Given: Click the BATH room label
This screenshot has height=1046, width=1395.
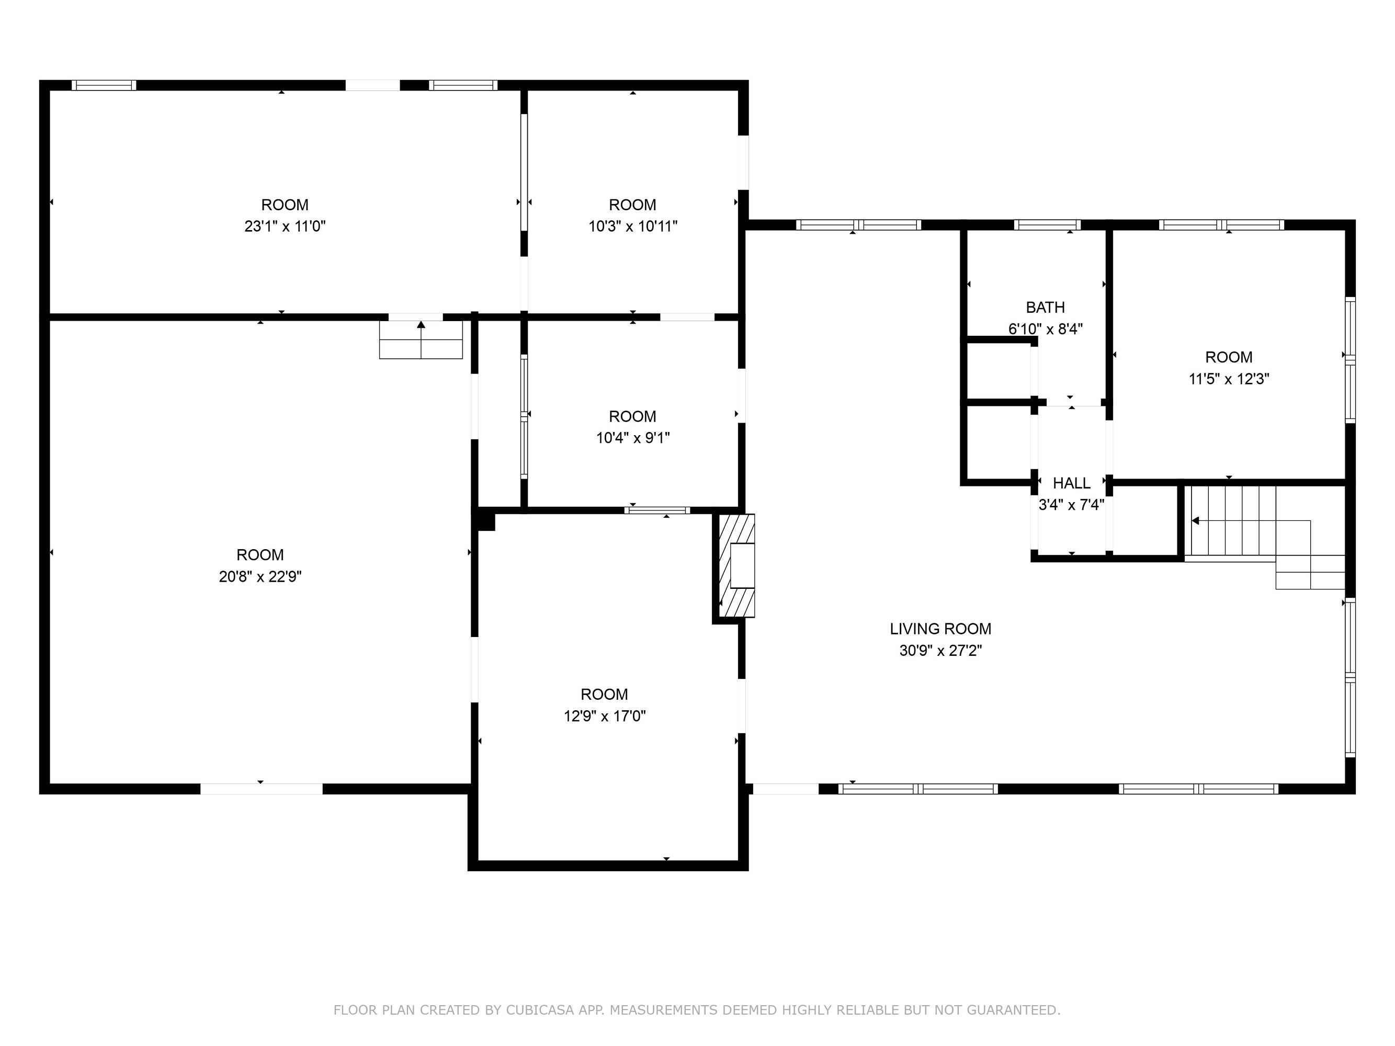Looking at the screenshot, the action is pos(1045,308).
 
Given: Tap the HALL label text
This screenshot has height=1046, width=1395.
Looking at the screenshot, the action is pos(1071,483).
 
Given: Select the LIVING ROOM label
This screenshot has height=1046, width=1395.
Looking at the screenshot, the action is pos(940,629).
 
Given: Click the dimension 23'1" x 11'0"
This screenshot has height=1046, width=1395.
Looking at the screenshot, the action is pos(285,226).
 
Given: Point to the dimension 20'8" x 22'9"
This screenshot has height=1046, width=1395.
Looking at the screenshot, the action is pos(260,576).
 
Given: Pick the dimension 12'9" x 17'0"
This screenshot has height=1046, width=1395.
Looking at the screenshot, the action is pos(605,715).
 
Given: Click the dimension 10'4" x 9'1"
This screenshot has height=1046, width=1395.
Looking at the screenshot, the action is pos(632,438).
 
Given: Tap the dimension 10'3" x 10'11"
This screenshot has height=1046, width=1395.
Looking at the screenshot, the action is pos(632,226).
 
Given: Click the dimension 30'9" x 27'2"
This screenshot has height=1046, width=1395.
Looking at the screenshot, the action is pos(940,650).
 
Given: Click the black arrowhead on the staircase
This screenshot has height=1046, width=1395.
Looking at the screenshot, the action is pos(1195,521).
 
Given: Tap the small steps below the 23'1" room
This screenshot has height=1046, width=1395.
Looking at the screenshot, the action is pos(421,340).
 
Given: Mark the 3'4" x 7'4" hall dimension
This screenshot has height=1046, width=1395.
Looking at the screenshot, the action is pos(1071,504).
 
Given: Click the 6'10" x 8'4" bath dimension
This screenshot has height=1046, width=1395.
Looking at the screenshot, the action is pos(1045,328).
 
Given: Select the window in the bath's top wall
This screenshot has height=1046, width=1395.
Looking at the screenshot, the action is pos(1047,224).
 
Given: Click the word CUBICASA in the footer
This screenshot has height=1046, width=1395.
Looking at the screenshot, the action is pos(540,1010).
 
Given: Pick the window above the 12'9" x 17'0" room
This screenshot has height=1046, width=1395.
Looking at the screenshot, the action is pos(657,510).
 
